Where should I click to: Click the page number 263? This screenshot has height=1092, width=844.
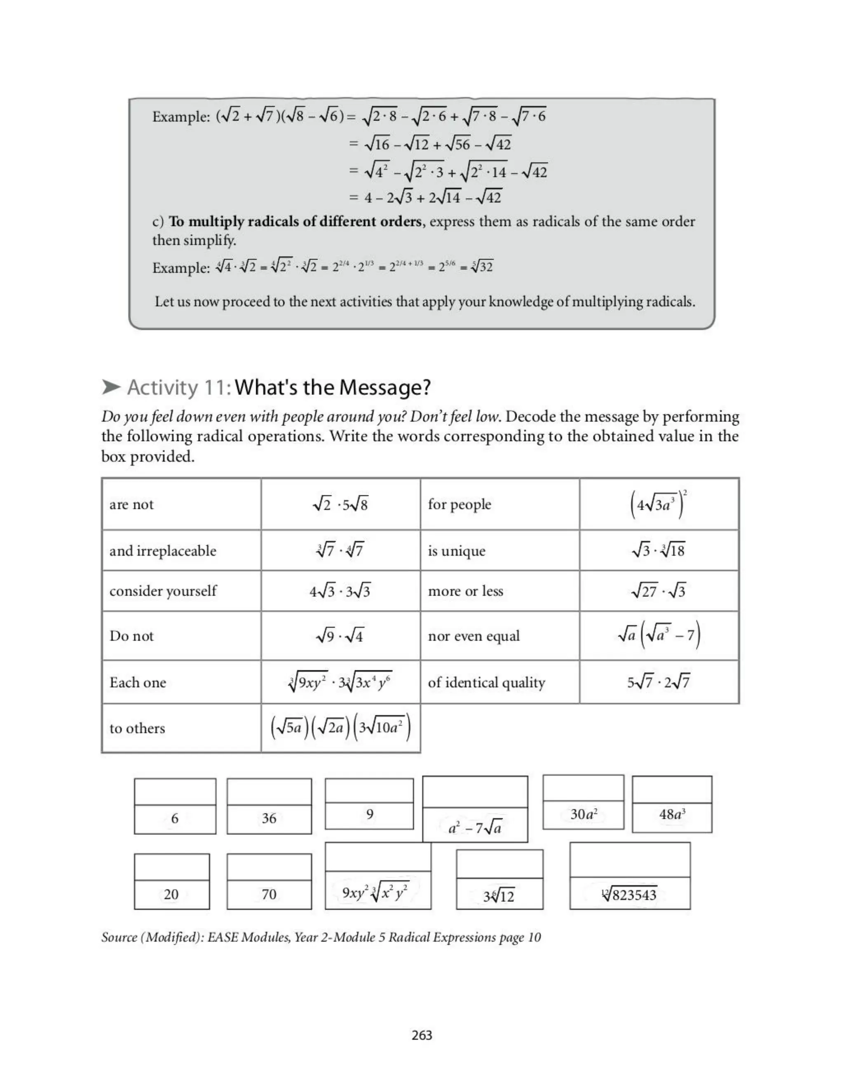[422, 1035]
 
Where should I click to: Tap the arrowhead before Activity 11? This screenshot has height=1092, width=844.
[111, 387]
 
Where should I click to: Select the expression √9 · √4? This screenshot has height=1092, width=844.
[340, 635]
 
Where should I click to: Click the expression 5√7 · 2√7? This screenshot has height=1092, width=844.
[659, 682]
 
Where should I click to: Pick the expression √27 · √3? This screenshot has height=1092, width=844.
[659, 591]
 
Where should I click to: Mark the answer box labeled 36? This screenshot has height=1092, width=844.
[269, 818]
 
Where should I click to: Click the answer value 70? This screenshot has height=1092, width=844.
[269, 894]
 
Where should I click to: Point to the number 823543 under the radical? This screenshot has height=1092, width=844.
[634, 895]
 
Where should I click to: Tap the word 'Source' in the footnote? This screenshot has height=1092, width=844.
[119, 937]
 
